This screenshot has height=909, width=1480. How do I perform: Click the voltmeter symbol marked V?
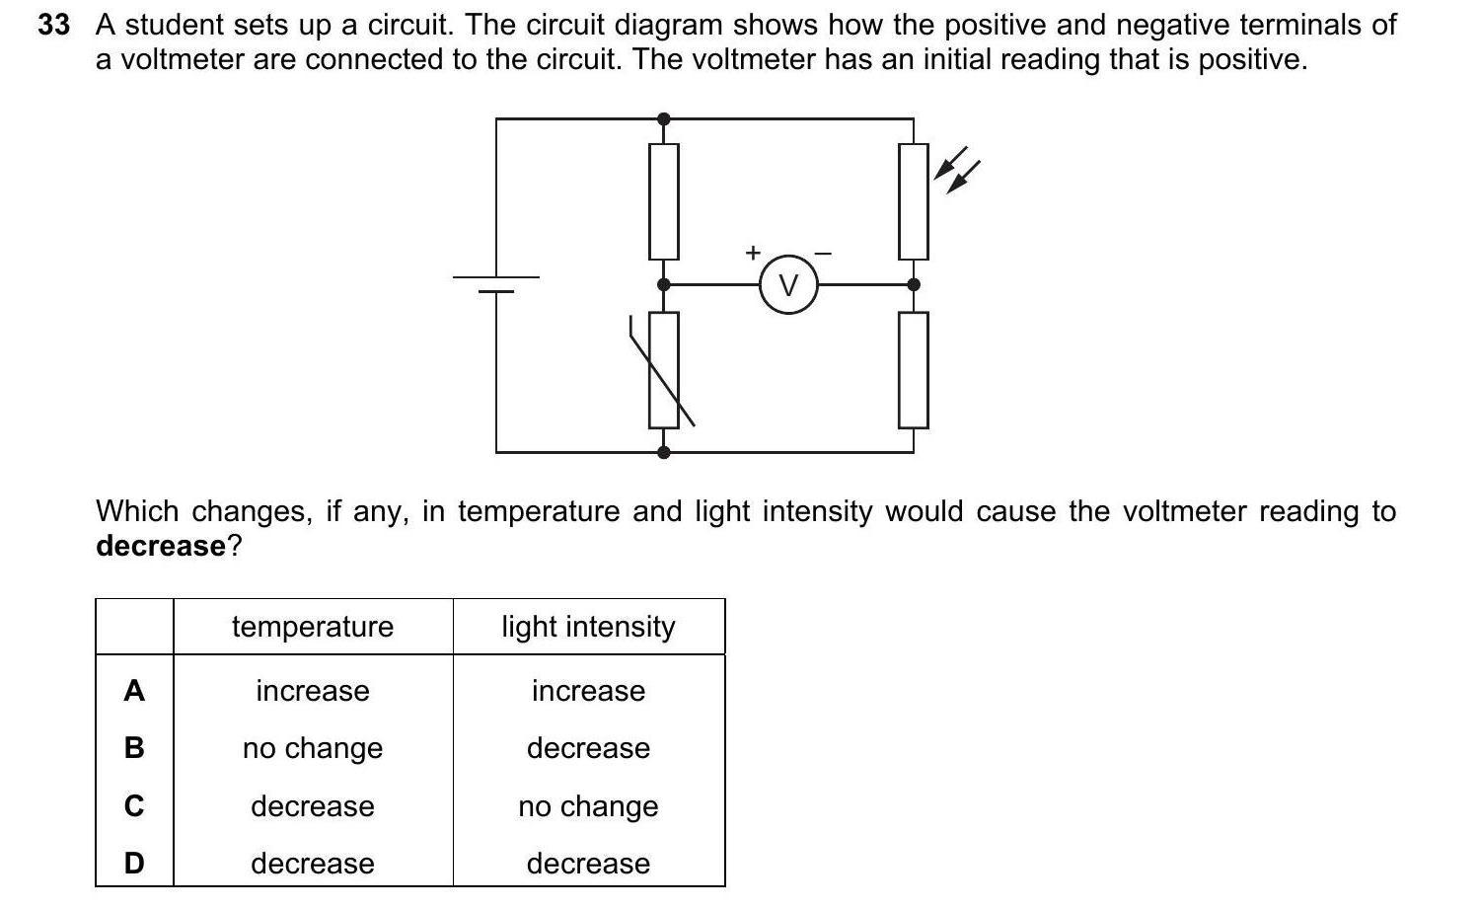tap(787, 285)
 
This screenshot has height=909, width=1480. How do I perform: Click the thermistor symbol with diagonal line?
tap(664, 370)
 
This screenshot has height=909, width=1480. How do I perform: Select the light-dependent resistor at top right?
tap(914, 201)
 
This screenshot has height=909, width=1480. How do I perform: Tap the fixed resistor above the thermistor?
tap(664, 201)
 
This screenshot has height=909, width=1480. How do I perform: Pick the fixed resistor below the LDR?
tap(914, 370)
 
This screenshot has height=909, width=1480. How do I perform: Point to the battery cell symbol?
tap(496, 284)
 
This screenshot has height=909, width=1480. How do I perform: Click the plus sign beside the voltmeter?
tap(753, 253)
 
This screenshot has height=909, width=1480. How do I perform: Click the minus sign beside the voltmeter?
tap(823, 254)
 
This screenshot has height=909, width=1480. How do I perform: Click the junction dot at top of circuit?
tap(664, 119)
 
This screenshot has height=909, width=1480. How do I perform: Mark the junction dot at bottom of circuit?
tap(664, 452)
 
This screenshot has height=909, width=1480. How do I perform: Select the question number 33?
tap(54, 25)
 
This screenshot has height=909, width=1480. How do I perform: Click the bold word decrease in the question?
tap(161, 546)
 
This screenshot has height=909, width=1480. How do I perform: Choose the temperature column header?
tap(313, 627)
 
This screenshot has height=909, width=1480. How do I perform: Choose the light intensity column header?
tap(588, 627)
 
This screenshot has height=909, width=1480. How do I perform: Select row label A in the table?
tap(134, 691)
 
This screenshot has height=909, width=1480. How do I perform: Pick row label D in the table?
tap(134, 864)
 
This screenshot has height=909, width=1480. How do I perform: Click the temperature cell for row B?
tap(313, 748)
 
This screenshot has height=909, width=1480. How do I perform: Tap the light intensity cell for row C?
tap(588, 806)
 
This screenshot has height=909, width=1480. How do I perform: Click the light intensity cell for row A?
tap(588, 691)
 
